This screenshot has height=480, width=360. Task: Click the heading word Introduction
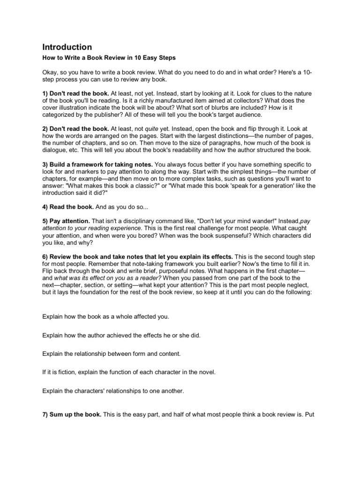pos(67,47)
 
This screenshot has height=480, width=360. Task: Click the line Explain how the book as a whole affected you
pos(105,317)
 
